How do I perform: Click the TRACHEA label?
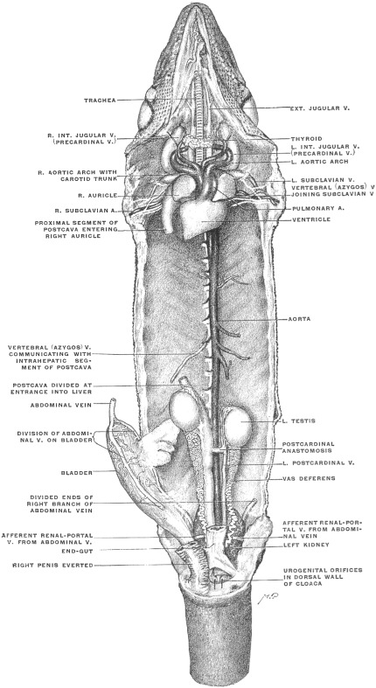tap(100, 101)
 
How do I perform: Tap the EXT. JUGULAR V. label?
tap(319, 108)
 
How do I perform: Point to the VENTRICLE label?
tap(311, 219)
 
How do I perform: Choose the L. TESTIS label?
tap(300, 420)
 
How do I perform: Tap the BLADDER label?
tap(77, 473)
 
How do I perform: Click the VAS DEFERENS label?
tap(309, 478)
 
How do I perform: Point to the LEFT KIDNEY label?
tap(306, 545)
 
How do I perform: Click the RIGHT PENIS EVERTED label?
tap(52, 565)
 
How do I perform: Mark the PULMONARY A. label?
tap(318, 208)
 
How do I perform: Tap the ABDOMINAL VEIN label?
tap(61, 406)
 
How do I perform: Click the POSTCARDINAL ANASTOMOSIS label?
tap(308, 447)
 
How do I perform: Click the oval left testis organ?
tap(239, 423)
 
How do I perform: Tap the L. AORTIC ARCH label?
tap(320, 162)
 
